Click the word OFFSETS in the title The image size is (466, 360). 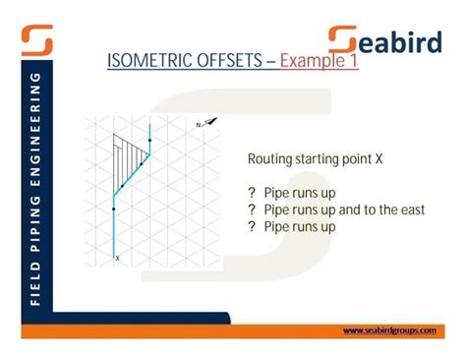[x=232, y=63]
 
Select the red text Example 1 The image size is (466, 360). [x=319, y=63]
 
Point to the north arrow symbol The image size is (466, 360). [x=211, y=123]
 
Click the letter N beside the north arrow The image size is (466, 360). [x=199, y=125]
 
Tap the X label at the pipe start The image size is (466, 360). [x=117, y=258]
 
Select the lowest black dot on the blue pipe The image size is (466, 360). [x=115, y=209]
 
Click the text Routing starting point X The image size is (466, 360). [x=308, y=157]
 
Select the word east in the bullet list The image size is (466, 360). [x=411, y=210]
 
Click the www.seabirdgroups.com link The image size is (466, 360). [x=389, y=330]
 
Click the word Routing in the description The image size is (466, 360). [x=268, y=157]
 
